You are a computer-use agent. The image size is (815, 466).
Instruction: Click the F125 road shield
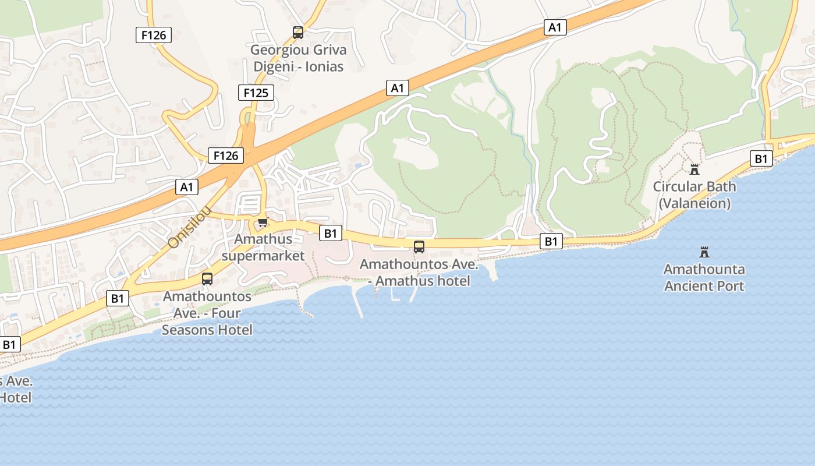pyautogui.click(x=256, y=92)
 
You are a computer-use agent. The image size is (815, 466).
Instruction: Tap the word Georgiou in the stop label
pyautogui.click(x=274, y=50)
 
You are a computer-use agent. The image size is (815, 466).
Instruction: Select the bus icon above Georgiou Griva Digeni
pyautogui.click(x=298, y=33)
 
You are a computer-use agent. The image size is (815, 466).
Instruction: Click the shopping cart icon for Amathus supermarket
pyautogui.click(x=263, y=222)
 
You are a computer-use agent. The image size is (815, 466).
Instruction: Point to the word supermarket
pyautogui.click(x=263, y=256)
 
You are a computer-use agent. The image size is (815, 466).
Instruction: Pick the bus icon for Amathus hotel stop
pyautogui.click(x=419, y=246)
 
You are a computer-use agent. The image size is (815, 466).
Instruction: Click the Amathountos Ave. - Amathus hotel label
pyautogui.click(x=419, y=273)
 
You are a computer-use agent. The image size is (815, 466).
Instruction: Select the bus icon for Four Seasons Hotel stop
pyautogui.click(x=207, y=279)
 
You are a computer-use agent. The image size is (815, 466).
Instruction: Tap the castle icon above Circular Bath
pyautogui.click(x=694, y=170)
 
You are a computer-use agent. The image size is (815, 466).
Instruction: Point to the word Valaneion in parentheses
pyautogui.click(x=694, y=203)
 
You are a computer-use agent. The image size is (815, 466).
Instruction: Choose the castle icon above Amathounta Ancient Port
pyautogui.click(x=704, y=252)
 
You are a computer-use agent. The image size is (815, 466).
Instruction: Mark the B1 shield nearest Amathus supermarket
pyautogui.click(x=330, y=234)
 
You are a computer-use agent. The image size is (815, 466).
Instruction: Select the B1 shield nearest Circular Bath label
pyautogui.click(x=761, y=158)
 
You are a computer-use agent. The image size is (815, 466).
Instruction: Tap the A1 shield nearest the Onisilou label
pyautogui.click(x=186, y=187)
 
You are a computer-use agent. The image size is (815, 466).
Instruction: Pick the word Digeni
pyautogui.click(x=273, y=66)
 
